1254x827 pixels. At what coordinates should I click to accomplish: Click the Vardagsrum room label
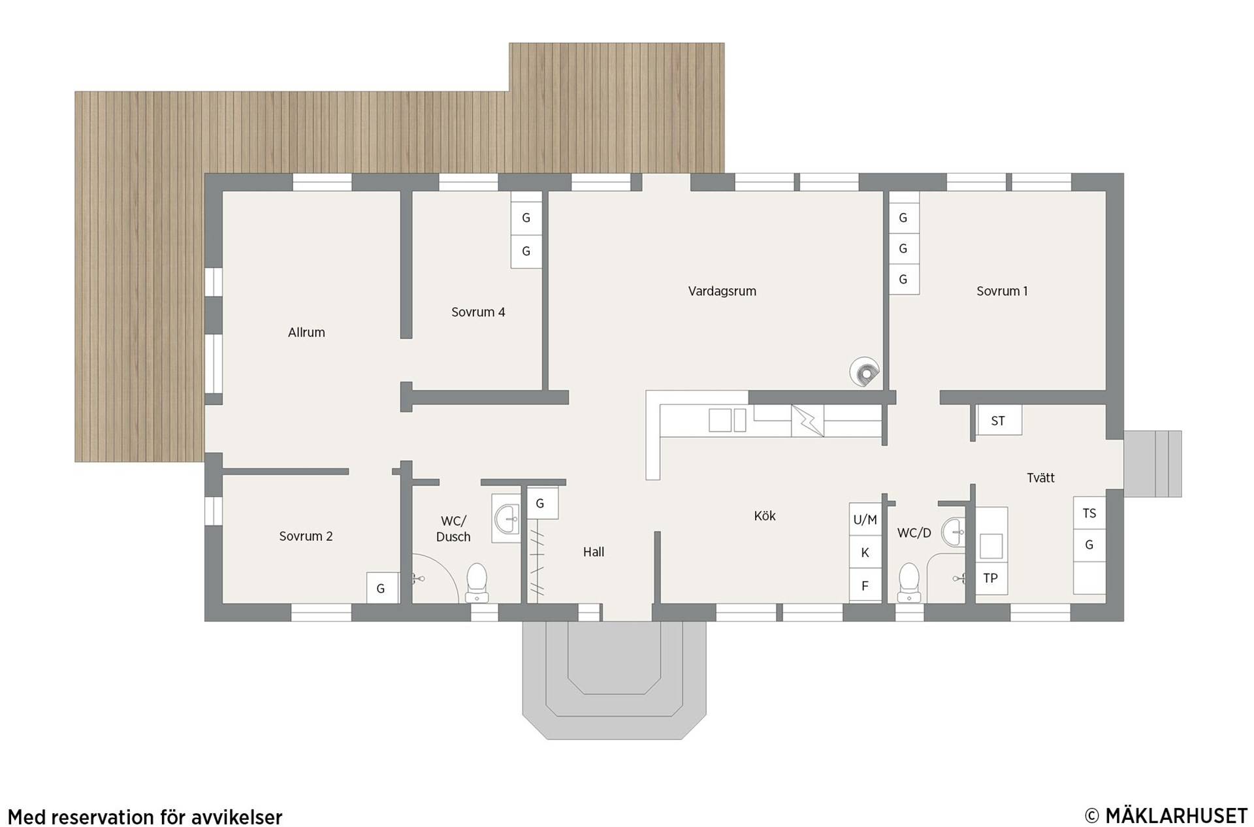[x=722, y=291]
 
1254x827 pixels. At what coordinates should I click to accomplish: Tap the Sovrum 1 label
[x=1002, y=291]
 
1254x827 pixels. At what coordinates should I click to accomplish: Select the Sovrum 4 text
[x=478, y=312]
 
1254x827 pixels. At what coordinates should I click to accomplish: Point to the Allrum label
[x=306, y=332]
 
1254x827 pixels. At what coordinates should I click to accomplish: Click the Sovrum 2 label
[x=306, y=536]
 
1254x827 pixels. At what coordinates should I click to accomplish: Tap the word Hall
[x=594, y=552]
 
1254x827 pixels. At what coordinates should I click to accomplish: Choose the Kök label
[x=765, y=516]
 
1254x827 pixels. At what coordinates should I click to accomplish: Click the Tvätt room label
[x=1040, y=478]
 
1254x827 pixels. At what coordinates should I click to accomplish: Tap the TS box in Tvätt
[x=1089, y=513]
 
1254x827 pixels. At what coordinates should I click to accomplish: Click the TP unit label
[x=991, y=578]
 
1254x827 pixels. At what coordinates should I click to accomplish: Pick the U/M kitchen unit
[x=865, y=520]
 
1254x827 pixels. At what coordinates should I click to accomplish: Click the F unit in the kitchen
[x=865, y=586]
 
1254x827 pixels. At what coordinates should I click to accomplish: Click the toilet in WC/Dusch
[x=477, y=582]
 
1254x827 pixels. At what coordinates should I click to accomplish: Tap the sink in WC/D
[x=954, y=532]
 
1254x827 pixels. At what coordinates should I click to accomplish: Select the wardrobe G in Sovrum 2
[x=381, y=588]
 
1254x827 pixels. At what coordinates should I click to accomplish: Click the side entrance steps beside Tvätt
[x=1153, y=464]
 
